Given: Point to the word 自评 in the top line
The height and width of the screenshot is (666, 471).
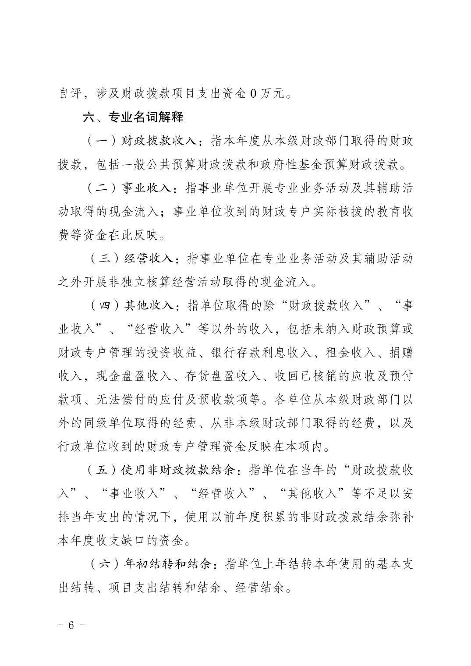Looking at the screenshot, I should (70, 93).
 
